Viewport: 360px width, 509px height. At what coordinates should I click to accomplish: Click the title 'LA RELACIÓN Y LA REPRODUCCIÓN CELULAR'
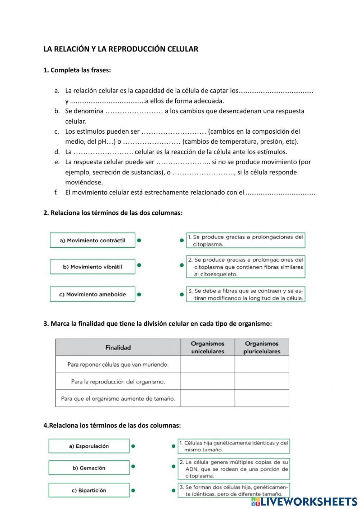point(121,49)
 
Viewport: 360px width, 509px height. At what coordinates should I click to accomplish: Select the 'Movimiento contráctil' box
point(93,240)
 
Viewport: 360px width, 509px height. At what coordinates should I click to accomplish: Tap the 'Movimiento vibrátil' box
point(93,267)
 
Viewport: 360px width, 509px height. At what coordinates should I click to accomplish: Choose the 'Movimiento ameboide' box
point(93,294)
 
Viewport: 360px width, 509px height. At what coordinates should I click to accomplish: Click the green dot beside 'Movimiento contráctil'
point(139,240)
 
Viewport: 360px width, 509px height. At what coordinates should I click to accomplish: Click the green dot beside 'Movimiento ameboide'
point(139,294)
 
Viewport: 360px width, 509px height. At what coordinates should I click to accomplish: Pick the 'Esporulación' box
point(89,446)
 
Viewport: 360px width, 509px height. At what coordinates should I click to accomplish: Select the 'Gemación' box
point(89,468)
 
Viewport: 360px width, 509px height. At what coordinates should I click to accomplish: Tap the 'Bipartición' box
point(89,490)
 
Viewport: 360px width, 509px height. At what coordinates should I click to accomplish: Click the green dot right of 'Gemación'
point(133,466)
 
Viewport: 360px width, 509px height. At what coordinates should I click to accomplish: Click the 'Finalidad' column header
point(118,347)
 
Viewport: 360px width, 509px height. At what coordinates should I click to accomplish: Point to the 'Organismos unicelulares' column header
point(208,347)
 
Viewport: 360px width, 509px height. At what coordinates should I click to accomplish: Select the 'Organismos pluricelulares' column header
point(262,347)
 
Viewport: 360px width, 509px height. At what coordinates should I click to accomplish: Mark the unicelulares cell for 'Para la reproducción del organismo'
point(208,381)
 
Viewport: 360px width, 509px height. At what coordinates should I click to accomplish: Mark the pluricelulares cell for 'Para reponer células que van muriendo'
point(262,365)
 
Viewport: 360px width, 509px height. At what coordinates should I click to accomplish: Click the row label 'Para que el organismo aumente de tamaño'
point(118,398)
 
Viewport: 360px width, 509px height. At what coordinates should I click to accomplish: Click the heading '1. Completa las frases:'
point(77,70)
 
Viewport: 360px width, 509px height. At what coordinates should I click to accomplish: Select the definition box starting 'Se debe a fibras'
point(246,294)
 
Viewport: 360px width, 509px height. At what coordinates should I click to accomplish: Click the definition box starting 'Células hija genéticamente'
point(234,446)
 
